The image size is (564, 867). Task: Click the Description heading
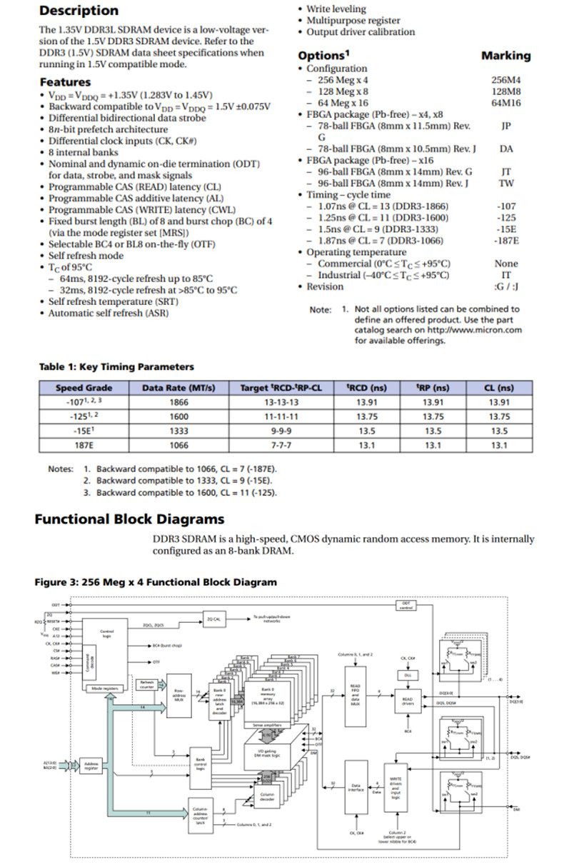79,11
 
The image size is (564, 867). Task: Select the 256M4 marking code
505,80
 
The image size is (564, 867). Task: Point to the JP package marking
505,126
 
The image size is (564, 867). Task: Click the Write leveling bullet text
336,9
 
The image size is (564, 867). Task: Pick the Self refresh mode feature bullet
86,256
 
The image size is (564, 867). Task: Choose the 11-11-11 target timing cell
281,416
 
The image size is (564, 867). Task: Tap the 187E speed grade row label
84,445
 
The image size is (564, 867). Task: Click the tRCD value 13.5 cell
366,431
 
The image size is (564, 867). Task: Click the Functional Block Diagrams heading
129,519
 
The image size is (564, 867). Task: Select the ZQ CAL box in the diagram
212,619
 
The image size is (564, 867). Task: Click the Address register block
91,766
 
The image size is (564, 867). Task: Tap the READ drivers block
407,701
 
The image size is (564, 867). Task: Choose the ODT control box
406,606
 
